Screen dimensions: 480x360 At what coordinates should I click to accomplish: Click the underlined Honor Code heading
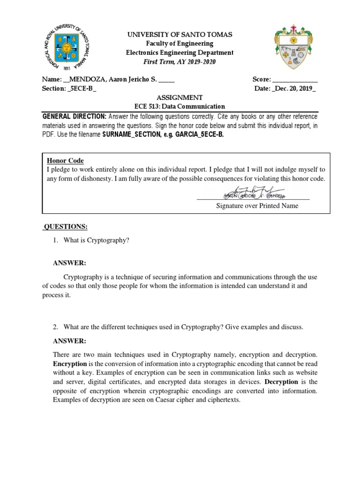pyautogui.click(x=65, y=161)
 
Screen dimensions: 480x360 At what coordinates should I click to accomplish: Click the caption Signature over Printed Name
pyautogui.click(x=257, y=206)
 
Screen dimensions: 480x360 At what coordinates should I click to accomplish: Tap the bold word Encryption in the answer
pyautogui.click(x=70, y=364)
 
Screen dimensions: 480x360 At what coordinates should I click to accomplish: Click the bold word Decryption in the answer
pyautogui.click(x=281, y=382)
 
